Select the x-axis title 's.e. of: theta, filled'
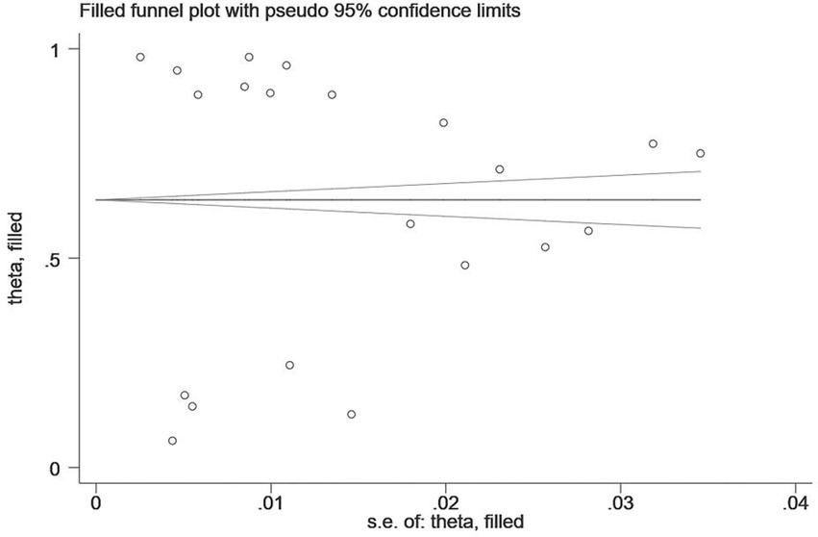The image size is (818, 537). (x=446, y=523)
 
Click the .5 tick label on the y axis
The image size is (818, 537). (x=69, y=259)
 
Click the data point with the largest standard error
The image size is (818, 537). (x=701, y=153)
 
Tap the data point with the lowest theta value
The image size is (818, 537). (x=172, y=441)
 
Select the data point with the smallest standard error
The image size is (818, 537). (x=140, y=57)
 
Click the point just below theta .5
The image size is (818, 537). (x=465, y=265)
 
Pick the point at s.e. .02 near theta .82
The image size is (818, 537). (x=443, y=122)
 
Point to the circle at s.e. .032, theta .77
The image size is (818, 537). (x=653, y=143)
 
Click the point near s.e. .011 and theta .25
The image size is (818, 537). (x=289, y=365)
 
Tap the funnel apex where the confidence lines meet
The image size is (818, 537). (x=97, y=199)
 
